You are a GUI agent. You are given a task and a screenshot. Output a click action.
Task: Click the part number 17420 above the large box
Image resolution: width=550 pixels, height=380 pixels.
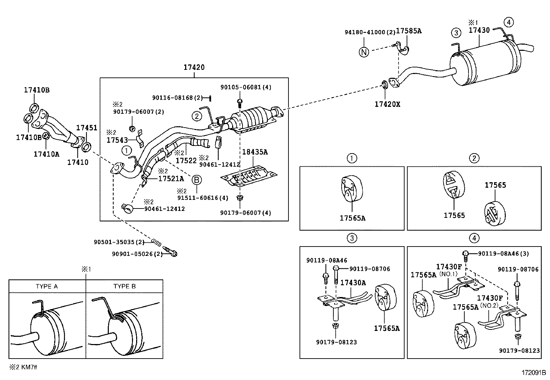point(194,67)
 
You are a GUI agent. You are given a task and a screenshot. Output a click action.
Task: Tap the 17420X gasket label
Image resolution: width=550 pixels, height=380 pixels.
point(387,104)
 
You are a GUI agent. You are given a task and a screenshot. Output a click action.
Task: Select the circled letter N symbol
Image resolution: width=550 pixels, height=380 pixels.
point(364,52)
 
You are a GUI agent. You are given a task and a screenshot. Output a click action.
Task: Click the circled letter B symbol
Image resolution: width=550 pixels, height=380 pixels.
point(197,180)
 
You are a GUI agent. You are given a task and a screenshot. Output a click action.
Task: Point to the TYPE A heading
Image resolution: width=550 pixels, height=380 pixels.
point(47,286)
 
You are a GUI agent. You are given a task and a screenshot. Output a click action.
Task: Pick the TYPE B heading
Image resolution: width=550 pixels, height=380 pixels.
point(124,286)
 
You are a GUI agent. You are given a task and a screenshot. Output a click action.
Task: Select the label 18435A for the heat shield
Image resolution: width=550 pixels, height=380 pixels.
point(255,152)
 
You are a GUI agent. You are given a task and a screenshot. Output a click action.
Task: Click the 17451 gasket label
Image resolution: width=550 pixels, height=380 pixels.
point(87,128)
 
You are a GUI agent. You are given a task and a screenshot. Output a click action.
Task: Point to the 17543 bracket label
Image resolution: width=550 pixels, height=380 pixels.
point(117,140)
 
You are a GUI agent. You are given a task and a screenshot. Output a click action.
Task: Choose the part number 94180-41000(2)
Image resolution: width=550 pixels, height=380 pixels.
point(369,32)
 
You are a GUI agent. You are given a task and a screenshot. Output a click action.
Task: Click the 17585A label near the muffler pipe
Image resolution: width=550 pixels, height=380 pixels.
point(408,31)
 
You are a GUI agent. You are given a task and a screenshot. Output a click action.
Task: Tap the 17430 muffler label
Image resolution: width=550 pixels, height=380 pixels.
point(479,30)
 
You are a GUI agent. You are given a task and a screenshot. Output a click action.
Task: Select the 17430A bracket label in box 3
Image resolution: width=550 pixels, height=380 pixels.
point(353,282)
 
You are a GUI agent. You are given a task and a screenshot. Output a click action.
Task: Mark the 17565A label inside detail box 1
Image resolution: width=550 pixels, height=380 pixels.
point(352,218)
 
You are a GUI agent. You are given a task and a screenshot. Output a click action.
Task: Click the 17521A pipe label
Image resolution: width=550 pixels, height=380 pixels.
point(171,178)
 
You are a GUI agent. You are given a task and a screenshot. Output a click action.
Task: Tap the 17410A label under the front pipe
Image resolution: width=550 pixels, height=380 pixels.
point(46,154)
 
